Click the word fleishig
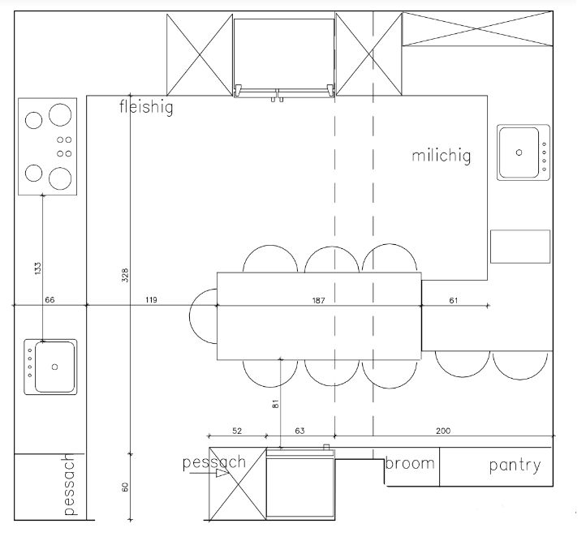tap(146, 107)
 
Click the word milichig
tap(441, 156)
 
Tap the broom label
tap(410, 463)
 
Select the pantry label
tap(515, 466)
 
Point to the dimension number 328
tap(125, 275)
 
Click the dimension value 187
tap(318, 300)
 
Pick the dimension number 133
tap(38, 268)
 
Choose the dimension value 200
tap(443, 431)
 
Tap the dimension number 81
tap(276, 404)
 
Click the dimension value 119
tap(151, 299)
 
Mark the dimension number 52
tap(237, 431)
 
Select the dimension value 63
tap(299, 431)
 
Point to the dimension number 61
tap(454, 300)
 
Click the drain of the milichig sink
tap(519, 152)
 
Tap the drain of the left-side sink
tap(54, 367)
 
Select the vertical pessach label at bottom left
tap(70, 484)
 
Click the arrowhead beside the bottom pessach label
tap(222, 473)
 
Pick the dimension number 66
tap(50, 299)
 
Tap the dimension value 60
tap(125, 487)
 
